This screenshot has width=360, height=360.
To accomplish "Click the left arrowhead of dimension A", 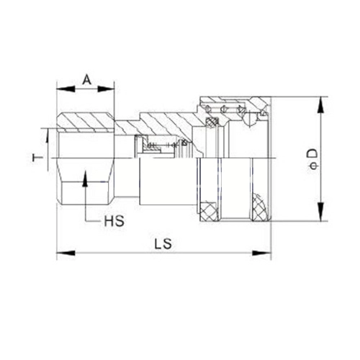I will tap(60, 89).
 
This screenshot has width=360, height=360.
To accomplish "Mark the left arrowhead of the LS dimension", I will tap(60, 253).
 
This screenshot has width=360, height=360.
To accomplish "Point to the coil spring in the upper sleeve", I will tap(230, 108).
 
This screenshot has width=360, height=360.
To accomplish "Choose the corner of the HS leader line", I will tap(86, 220).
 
